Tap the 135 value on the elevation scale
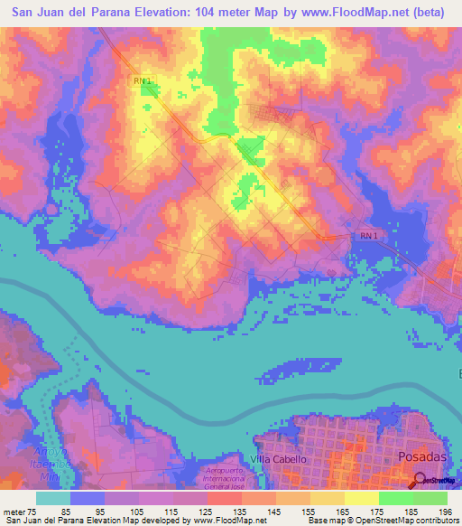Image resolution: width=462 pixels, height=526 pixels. (x=238, y=512)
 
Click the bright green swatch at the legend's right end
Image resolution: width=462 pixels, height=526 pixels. (x=430, y=498)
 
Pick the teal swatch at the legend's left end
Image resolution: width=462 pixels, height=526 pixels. (x=52, y=498)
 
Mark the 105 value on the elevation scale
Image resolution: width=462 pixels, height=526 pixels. (x=137, y=512)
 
